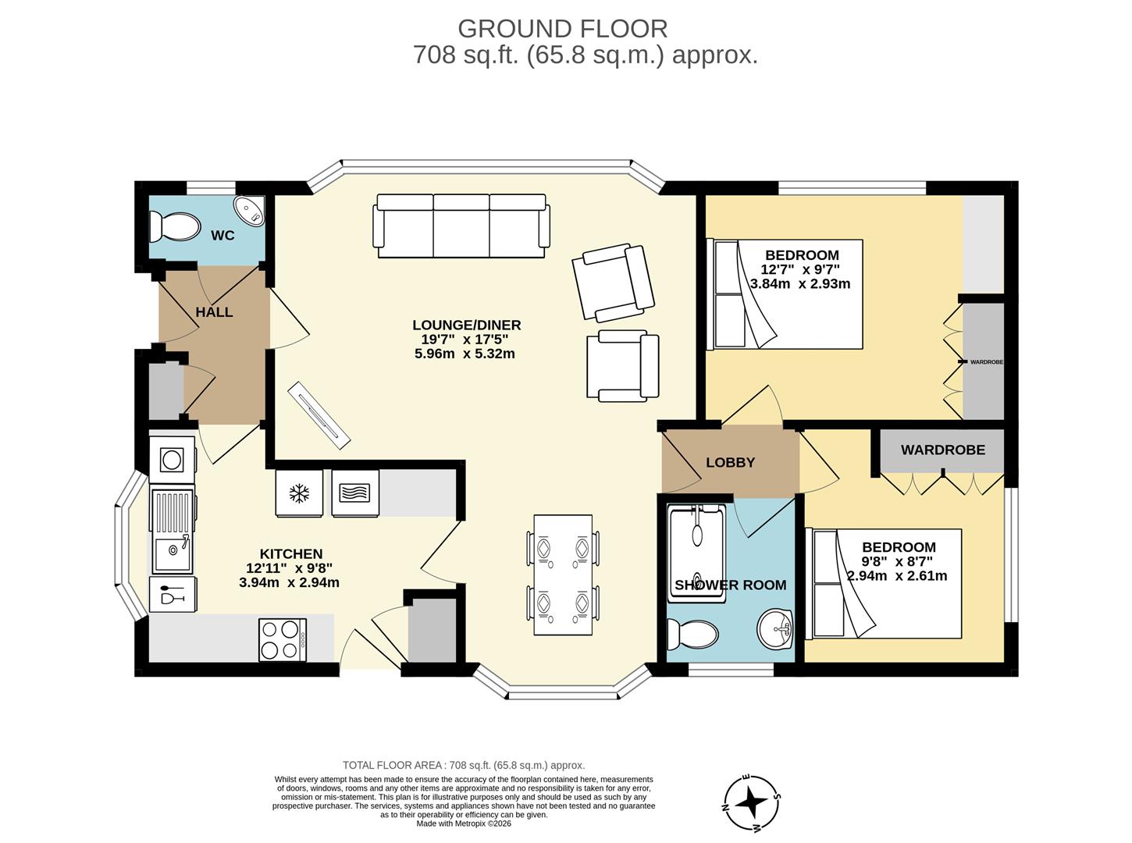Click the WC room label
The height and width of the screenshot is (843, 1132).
(x=222, y=235)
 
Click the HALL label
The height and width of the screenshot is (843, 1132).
(x=214, y=312)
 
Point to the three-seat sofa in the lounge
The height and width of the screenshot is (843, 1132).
(x=461, y=226)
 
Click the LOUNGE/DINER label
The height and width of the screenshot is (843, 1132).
(x=466, y=325)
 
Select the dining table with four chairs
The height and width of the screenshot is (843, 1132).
(x=563, y=574)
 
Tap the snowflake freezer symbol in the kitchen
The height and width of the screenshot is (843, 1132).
(x=298, y=493)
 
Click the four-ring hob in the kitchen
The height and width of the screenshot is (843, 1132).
(x=282, y=639)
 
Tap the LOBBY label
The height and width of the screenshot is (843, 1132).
(x=730, y=462)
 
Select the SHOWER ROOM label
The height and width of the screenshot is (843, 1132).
(x=730, y=585)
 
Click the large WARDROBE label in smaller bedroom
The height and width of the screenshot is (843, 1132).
(x=942, y=450)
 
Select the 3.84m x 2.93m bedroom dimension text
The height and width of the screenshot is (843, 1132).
(x=799, y=284)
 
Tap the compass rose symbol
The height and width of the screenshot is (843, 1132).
(x=753, y=802)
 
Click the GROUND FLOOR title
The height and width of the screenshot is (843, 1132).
(x=562, y=29)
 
